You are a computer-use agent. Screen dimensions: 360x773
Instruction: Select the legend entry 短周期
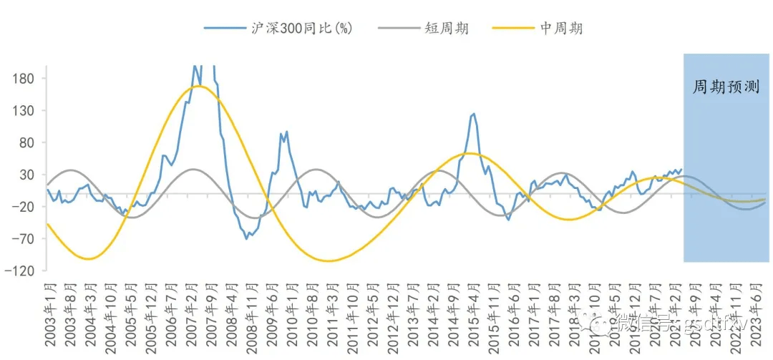click(446, 29)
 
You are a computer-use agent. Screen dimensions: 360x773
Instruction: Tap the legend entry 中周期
click(560, 29)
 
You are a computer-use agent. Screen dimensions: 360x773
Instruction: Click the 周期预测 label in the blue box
click(726, 87)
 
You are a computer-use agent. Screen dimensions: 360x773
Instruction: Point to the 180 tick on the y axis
click(26, 78)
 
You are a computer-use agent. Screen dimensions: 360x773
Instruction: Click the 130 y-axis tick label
click(26, 110)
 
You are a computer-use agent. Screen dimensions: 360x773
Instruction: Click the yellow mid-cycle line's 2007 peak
click(198, 87)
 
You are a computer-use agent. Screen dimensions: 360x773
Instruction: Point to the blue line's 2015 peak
click(473, 113)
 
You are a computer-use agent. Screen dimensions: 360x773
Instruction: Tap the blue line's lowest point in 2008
click(247, 238)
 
